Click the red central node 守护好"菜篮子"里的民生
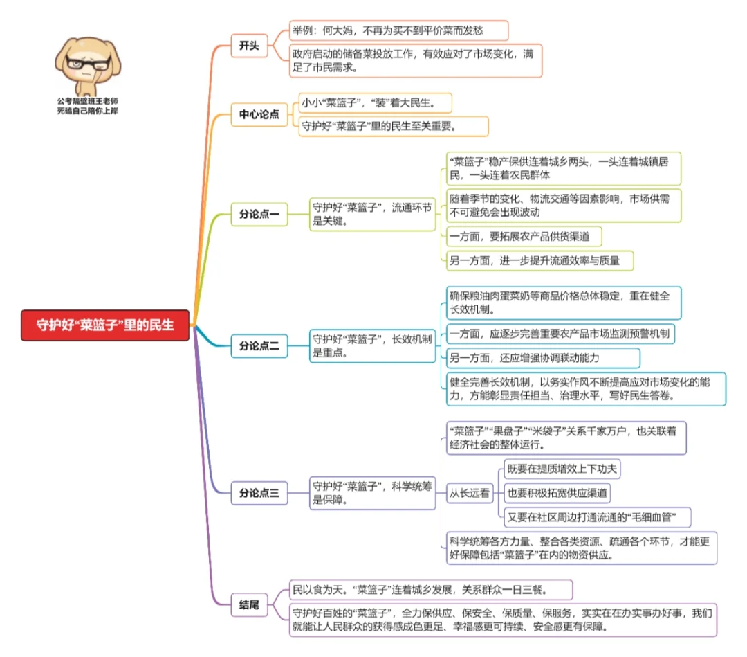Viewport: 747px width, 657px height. point(105,325)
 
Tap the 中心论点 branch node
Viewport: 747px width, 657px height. point(259,115)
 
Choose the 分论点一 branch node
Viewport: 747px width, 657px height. point(259,215)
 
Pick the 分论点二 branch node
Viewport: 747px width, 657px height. point(259,345)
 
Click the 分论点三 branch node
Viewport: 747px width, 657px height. point(259,493)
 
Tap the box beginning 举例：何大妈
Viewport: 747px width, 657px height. point(399,30)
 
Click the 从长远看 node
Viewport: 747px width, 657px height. point(470,493)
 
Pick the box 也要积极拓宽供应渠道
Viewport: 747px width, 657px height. point(557,493)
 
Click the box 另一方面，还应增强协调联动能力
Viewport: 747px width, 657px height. point(542,358)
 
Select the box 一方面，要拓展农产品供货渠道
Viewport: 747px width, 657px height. point(523,236)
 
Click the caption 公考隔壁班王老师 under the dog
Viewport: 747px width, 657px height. point(88,100)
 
